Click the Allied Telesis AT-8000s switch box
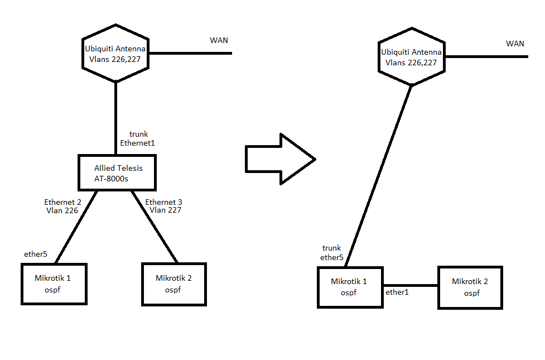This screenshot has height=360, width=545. coord(116,172)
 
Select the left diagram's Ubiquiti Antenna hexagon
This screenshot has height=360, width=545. coord(115,54)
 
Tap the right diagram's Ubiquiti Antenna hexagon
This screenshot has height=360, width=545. coord(411,57)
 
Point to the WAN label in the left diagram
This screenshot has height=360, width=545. coord(219,40)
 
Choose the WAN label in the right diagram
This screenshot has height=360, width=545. coord(515,44)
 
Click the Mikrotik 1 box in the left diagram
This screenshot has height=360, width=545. coord(54,284)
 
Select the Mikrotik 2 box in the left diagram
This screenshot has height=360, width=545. coord(174,284)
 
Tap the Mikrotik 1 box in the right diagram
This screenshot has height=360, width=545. coord(350,287)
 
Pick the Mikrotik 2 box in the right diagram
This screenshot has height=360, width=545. coord(470,287)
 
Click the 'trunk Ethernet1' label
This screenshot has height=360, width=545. coord(137,138)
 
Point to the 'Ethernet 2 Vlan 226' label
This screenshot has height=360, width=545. coord(62,206)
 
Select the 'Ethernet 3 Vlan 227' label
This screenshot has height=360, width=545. coord(164,206)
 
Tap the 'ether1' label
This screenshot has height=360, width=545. coord(397,292)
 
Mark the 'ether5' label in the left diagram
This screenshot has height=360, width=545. coord(36,254)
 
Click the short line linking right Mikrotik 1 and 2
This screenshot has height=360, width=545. coord(411,285)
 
